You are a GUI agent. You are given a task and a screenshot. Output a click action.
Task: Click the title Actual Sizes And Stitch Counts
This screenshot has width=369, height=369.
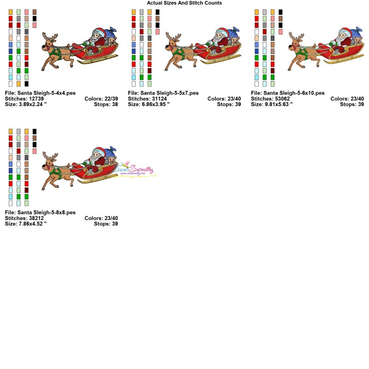click(x=184, y=3)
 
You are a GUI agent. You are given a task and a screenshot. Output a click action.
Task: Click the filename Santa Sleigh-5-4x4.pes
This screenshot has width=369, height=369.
click(x=40, y=93)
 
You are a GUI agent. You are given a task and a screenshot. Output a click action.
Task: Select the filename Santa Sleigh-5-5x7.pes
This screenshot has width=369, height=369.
click(x=163, y=93)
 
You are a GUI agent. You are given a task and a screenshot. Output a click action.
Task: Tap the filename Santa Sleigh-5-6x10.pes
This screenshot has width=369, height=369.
click(x=288, y=93)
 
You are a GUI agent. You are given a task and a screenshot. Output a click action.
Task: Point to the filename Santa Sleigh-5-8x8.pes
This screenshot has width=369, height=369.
click(x=40, y=212)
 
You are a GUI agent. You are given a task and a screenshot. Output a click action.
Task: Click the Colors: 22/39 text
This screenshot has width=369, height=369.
click(x=101, y=98)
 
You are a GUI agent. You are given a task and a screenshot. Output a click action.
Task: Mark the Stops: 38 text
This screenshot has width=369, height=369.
click(x=106, y=104)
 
